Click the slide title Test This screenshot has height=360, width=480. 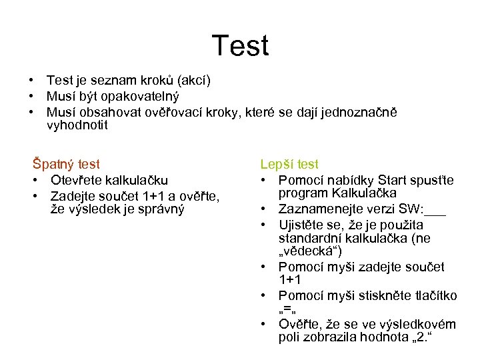[x=240, y=46]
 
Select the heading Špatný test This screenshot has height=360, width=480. [x=66, y=164]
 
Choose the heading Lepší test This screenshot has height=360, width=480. [x=289, y=164]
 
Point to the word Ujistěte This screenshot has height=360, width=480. [x=303, y=223]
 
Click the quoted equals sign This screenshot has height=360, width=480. [x=287, y=310]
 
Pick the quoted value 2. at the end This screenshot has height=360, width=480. [x=420, y=339]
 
